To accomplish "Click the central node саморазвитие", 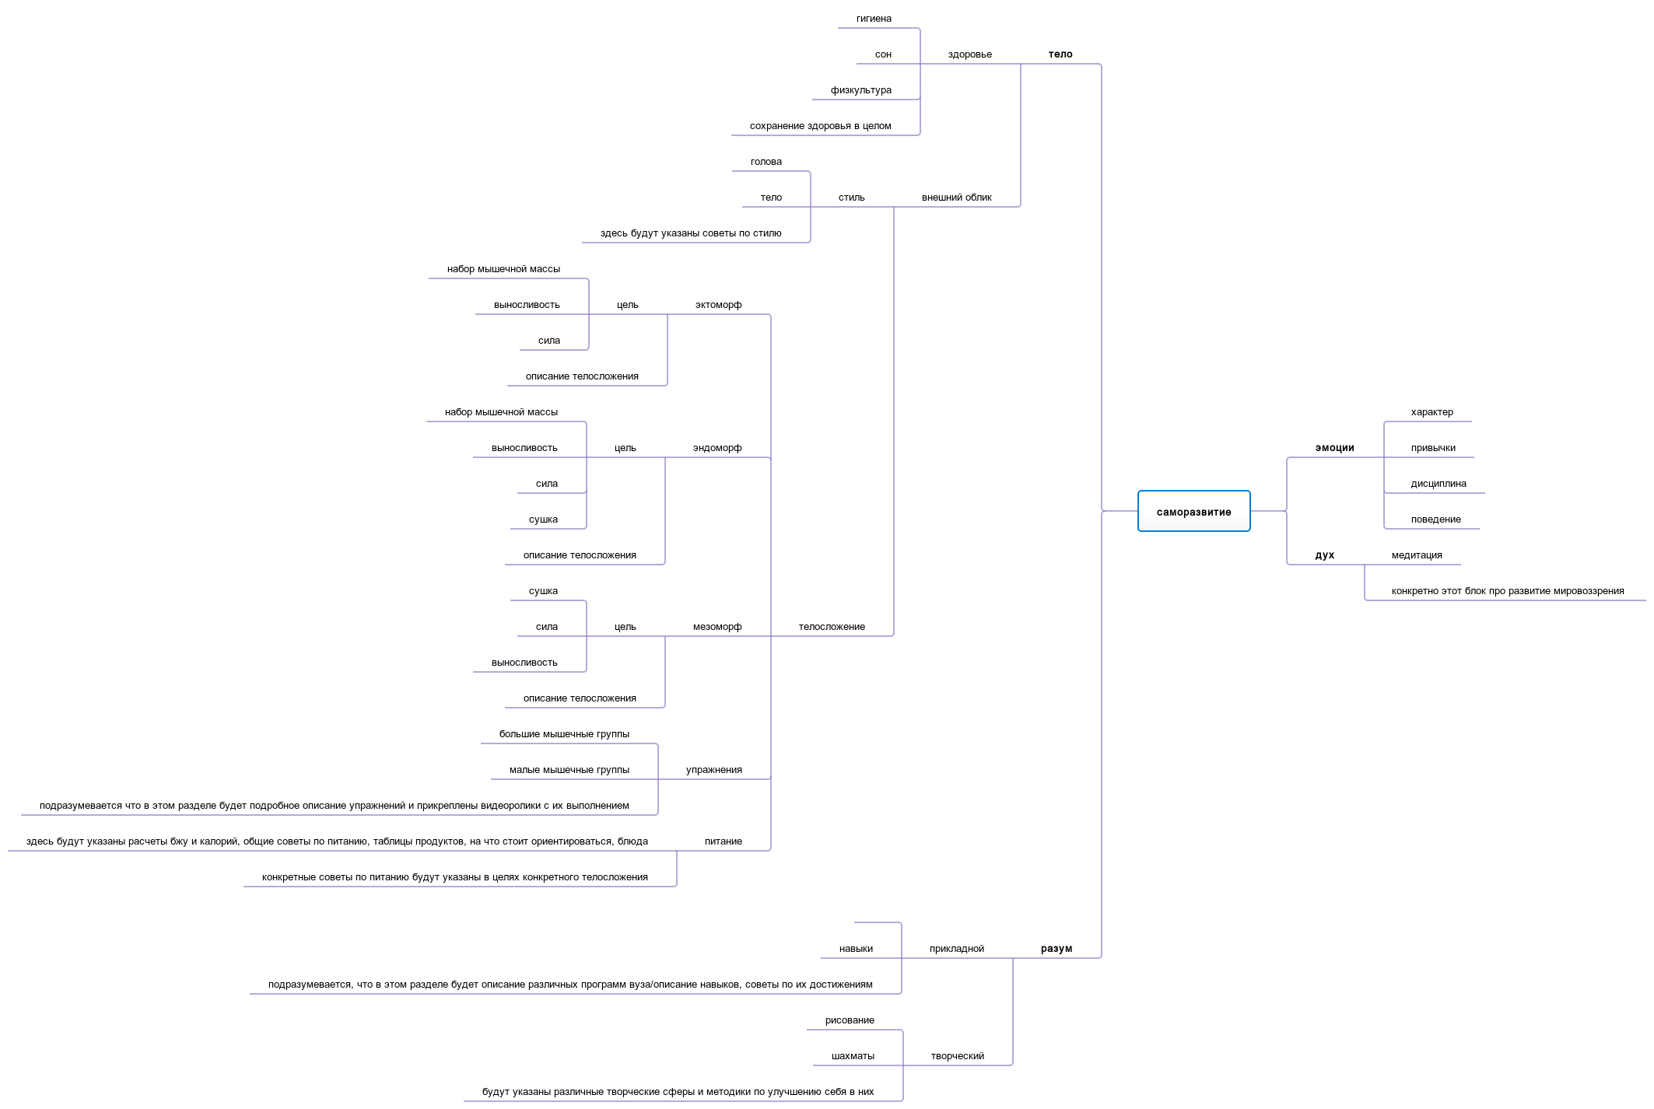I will pos(1193,512).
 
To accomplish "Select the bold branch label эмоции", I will pos(1334,448).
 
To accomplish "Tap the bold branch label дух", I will pos(1324,555).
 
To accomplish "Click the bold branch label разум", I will pos(1056,949).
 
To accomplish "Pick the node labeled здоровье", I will pos(969,54).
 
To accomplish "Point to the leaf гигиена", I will pos(874,19).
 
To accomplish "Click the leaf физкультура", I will pos(860,90).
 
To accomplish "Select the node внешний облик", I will pos(956,198).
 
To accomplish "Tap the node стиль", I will pos(851,198).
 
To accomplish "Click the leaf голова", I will pos(766,162).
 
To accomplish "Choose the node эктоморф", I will pos(718,305).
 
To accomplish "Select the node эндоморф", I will pos(717,448).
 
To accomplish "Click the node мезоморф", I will pos(717,627).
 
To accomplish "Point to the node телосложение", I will pos(831,627).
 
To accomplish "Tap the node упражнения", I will pos(713,770).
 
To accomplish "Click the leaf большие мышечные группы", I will pos(564,734).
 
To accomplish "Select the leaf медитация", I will pos(1416,555).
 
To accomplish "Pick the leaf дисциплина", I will pos(1438,484).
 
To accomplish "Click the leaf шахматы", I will pos(853,1056).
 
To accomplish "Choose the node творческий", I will pos(957,1056).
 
